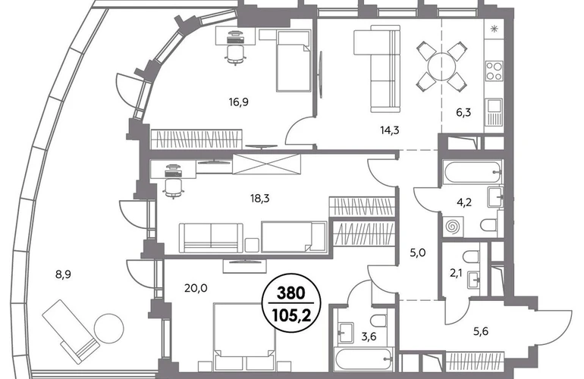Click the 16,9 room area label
click(x=239, y=102)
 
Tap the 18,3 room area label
click(x=260, y=199)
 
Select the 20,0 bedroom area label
click(x=196, y=288)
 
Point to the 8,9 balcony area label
click(x=63, y=274)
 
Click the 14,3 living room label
click(x=390, y=130)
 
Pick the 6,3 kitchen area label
click(x=463, y=112)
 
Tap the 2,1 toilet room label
click(x=456, y=274)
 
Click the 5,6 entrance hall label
click(x=481, y=331)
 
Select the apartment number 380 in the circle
click(x=291, y=293)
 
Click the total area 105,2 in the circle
click(x=291, y=316)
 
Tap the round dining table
click(x=441, y=67)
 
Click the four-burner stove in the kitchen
click(x=495, y=71)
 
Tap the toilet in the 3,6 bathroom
click(x=379, y=321)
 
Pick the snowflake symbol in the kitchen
click(x=495, y=29)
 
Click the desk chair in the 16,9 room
click(x=236, y=53)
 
